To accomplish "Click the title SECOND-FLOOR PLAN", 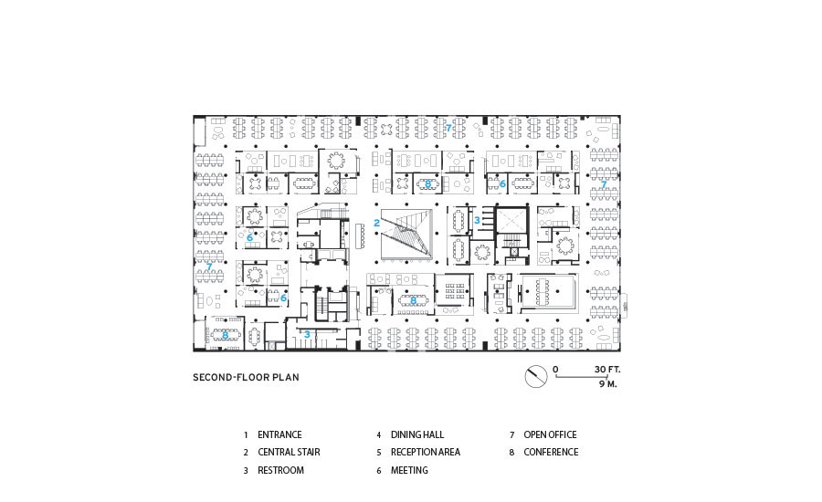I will (x=245, y=377).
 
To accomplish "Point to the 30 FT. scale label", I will (x=606, y=370).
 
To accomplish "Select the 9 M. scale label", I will (x=608, y=384).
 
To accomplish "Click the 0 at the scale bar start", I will (x=554, y=370).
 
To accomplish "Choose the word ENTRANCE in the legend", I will (x=279, y=435).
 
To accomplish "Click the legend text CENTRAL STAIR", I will (x=289, y=452).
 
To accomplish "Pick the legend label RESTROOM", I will (x=280, y=470).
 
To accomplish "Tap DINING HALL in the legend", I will (x=417, y=435).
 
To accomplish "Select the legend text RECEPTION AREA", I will (x=426, y=452).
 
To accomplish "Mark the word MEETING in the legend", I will (x=409, y=470).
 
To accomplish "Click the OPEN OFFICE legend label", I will (x=550, y=435).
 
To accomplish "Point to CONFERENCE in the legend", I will (x=551, y=452).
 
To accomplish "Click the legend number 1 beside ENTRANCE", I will (x=245, y=435).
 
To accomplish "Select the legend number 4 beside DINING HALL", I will (x=378, y=435).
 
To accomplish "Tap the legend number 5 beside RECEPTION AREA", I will (x=378, y=452).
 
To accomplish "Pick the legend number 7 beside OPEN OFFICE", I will (x=511, y=435).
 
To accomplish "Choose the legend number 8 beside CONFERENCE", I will (x=511, y=452).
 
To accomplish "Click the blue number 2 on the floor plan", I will (x=376, y=223).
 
